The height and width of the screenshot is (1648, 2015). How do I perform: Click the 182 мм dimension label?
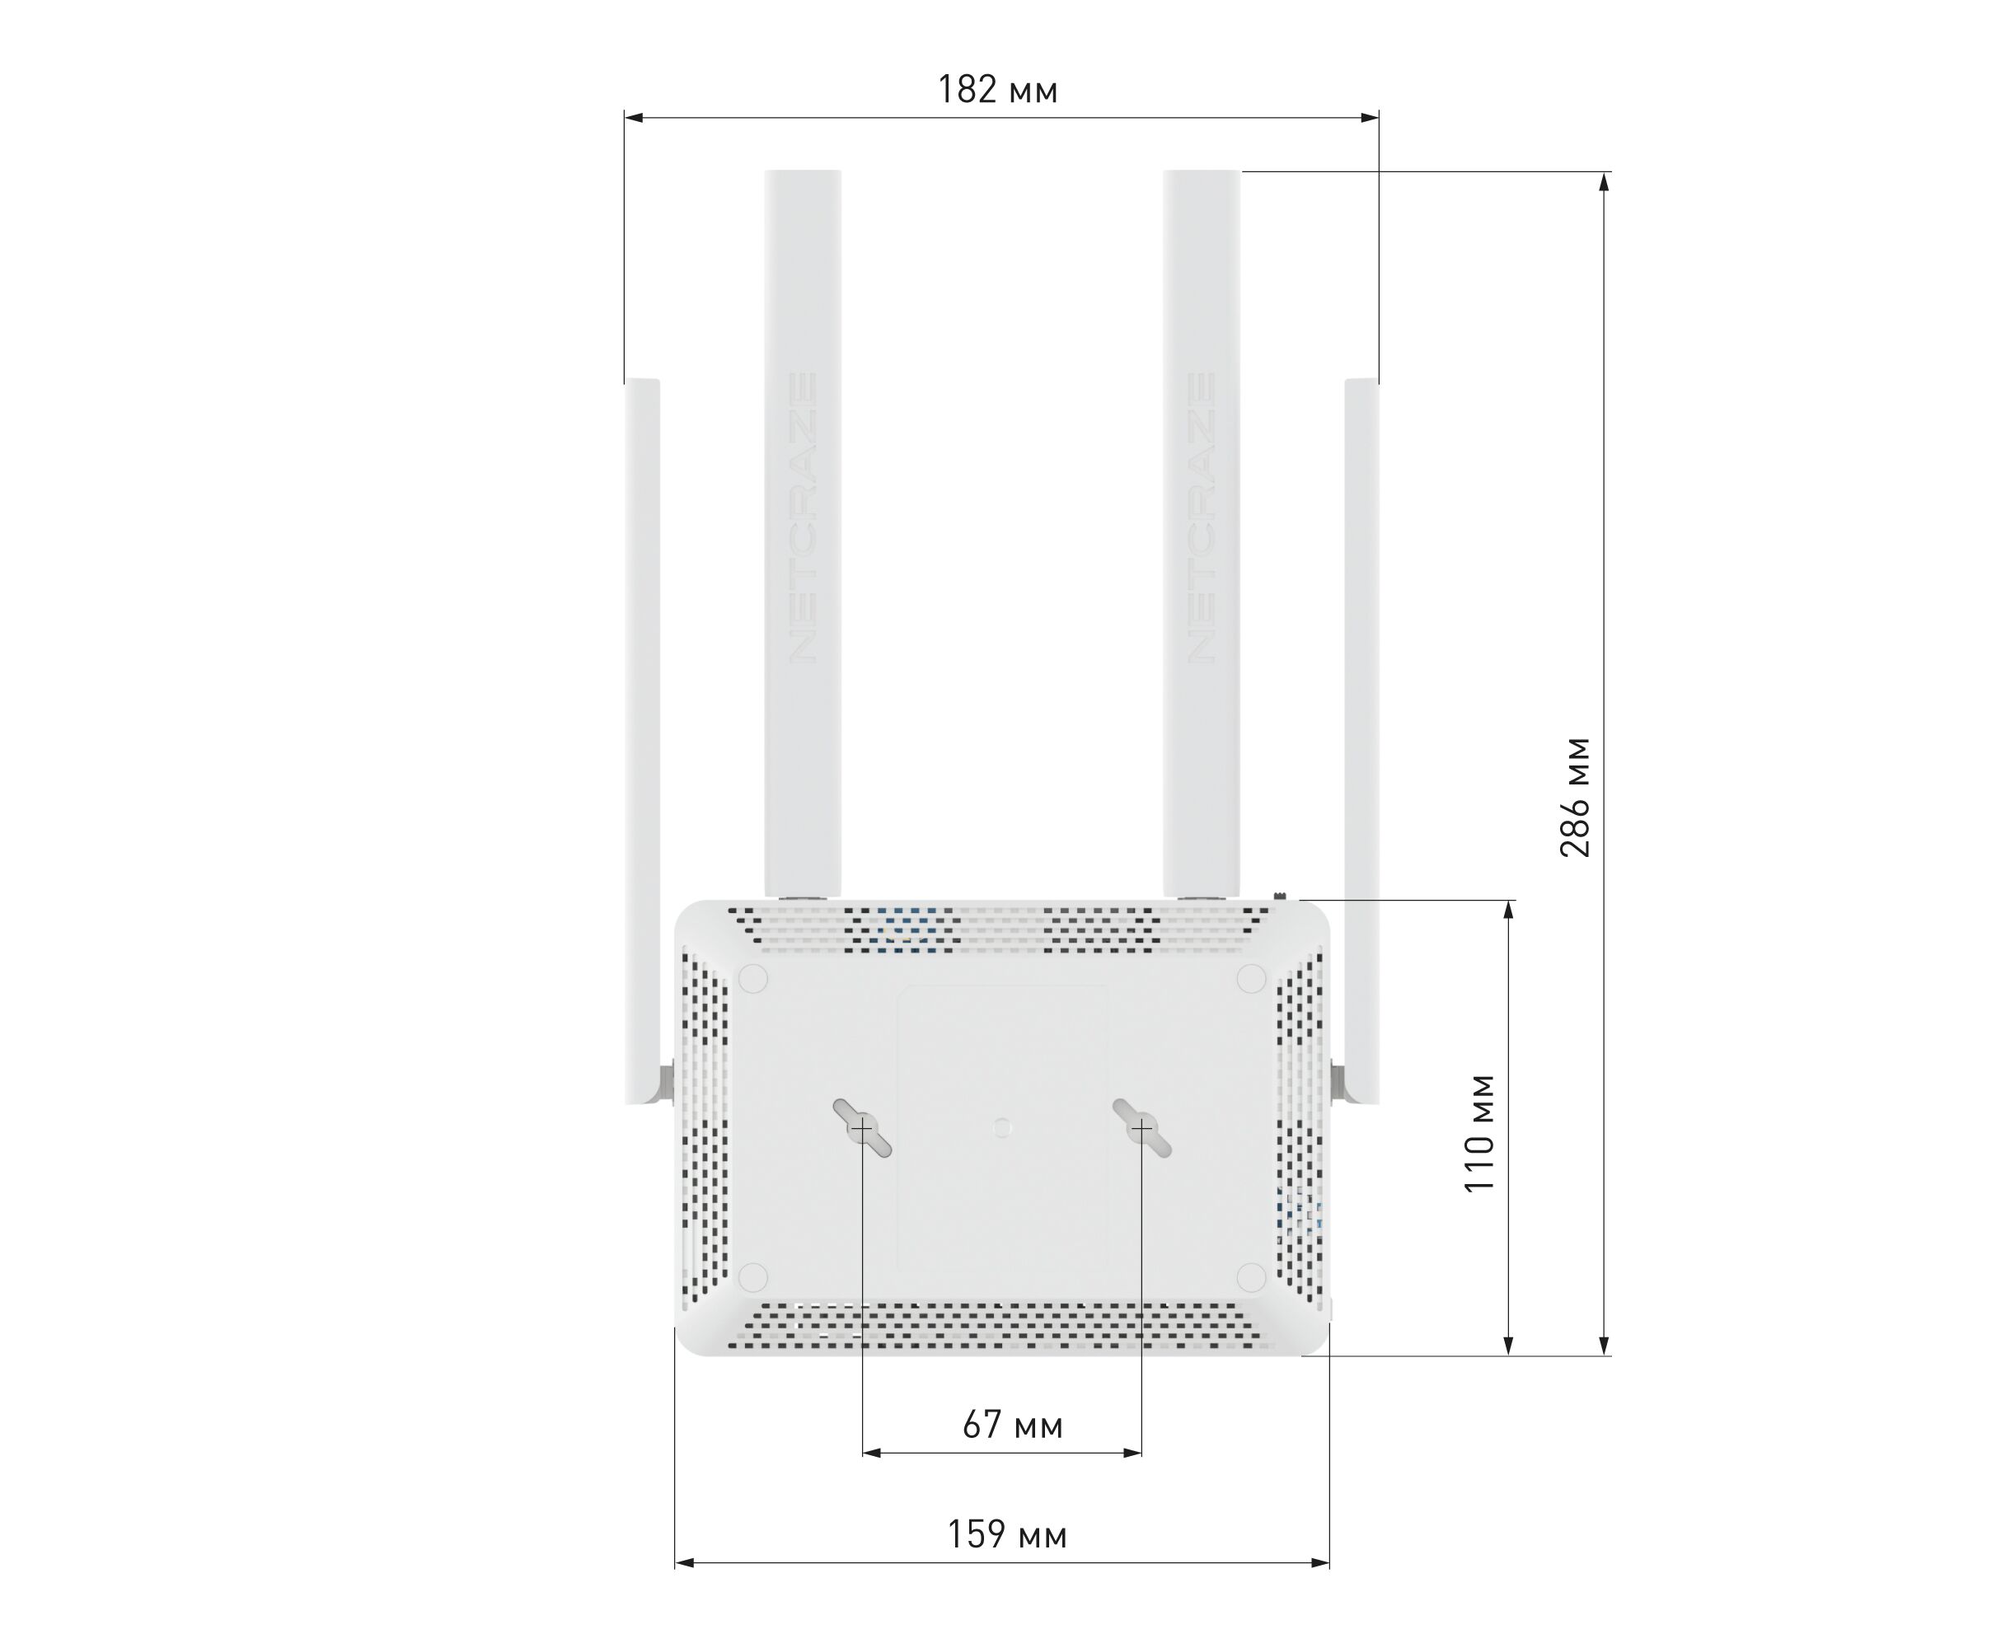coord(997,89)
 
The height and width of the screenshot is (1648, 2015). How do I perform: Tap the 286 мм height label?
coord(1574,797)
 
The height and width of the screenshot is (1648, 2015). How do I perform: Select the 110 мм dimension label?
coord(1479,1132)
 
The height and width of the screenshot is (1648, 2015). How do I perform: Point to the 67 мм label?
coord(1012,1425)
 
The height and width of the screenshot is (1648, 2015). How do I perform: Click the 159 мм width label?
coord(1006,1535)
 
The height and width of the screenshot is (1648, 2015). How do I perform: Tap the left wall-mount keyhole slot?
coord(862,1129)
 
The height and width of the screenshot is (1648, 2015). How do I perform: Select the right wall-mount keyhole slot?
coord(1141,1128)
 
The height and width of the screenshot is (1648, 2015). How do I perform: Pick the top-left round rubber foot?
coord(753,979)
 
